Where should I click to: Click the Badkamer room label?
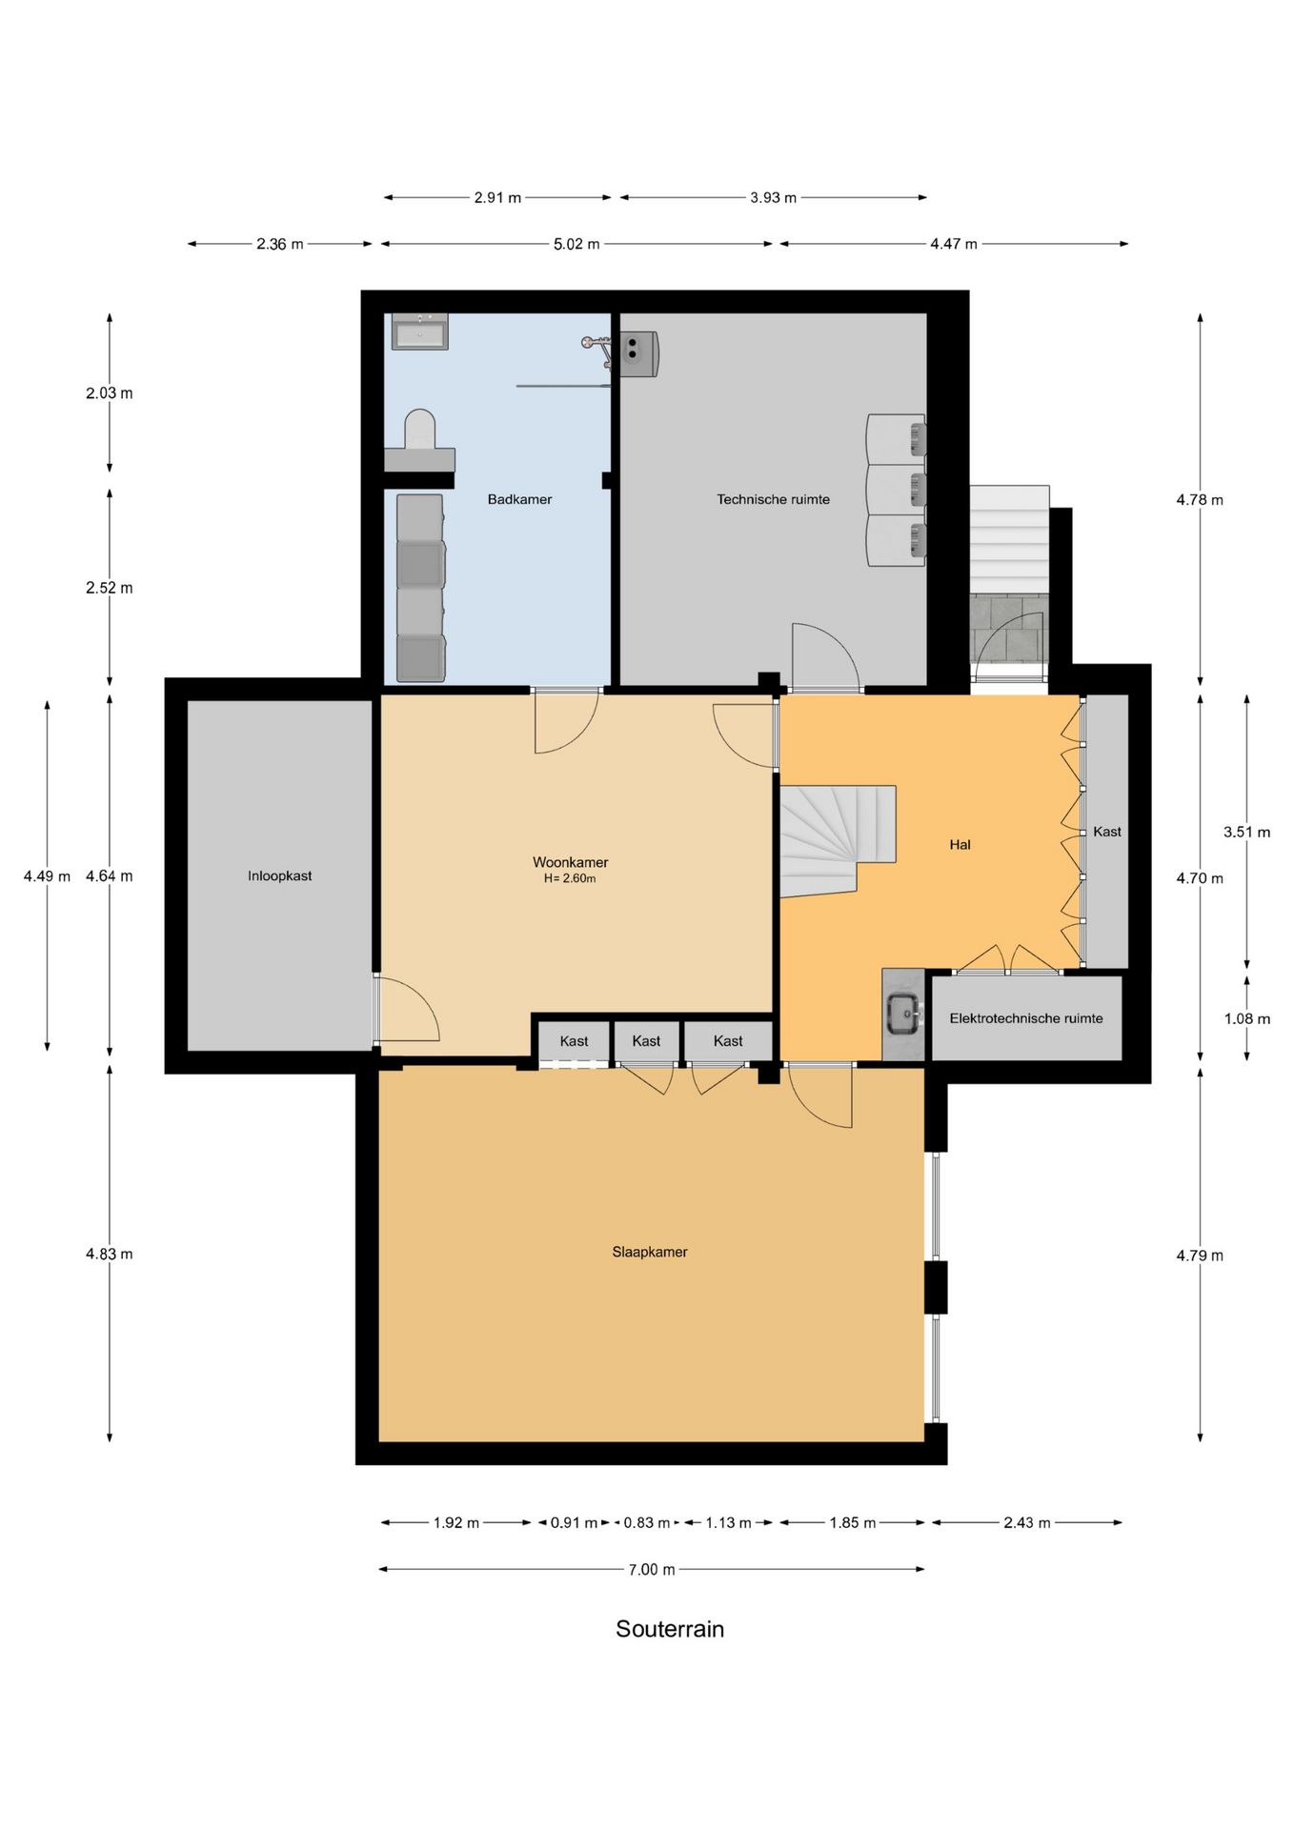click(519, 499)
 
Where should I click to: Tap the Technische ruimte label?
click(773, 499)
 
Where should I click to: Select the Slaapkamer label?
click(649, 1252)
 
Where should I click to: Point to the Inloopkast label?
click(279, 875)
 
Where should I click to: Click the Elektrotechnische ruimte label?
click(1026, 1018)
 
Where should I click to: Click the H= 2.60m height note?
click(570, 878)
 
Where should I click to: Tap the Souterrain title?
click(670, 1629)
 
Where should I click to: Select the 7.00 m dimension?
click(652, 1569)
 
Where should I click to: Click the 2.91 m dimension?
click(497, 198)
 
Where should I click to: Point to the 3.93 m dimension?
click(773, 198)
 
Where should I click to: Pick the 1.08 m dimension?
click(1246, 1019)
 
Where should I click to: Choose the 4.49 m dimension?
click(47, 876)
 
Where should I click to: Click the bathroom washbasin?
click(419, 332)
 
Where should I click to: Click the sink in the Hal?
click(902, 1014)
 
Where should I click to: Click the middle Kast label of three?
click(646, 1041)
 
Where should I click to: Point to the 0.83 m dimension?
click(647, 1523)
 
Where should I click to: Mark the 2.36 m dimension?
click(279, 244)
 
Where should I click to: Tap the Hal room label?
click(960, 844)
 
